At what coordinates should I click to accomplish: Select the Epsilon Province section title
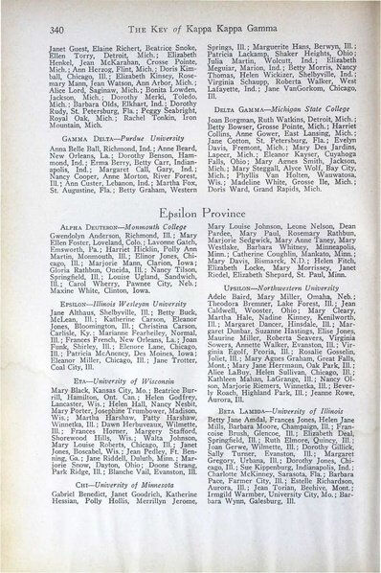click(191, 241)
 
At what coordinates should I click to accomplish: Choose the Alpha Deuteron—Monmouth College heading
click(102, 264)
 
